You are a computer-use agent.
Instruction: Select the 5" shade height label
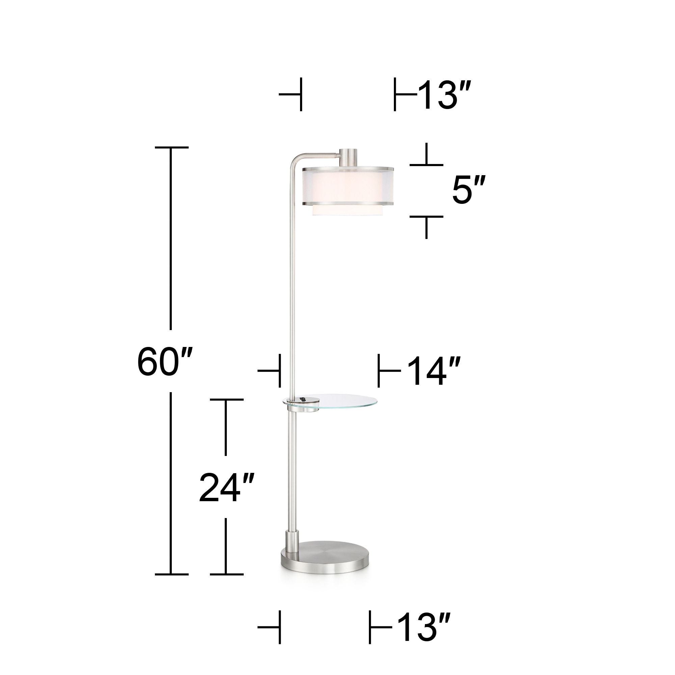click(x=468, y=190)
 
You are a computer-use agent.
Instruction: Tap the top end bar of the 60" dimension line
click(x=171, y=147)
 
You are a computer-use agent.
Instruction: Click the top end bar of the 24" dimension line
click(x=226, y=399)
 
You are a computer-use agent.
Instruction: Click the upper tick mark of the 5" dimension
click(x=426, y=164)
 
